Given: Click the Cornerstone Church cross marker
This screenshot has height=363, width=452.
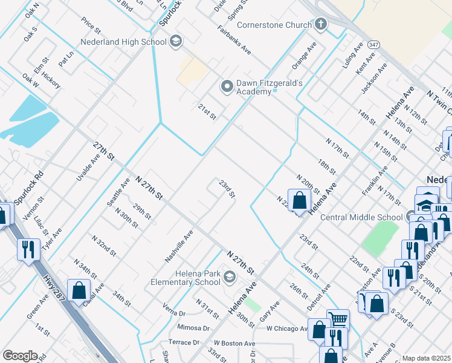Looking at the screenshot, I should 320,25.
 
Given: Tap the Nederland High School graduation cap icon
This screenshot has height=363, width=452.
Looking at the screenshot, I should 176,42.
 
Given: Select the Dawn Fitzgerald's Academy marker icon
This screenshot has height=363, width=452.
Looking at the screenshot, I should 227,87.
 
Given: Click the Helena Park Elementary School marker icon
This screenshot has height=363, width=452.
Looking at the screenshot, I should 229,278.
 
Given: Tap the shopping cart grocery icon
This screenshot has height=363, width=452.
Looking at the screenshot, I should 338,319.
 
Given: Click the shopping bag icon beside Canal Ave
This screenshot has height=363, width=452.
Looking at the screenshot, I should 79,290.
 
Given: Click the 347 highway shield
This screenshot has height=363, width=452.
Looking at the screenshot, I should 374,45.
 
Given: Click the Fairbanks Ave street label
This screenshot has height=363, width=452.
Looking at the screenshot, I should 234,40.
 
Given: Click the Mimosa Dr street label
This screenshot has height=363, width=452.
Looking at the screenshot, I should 193,328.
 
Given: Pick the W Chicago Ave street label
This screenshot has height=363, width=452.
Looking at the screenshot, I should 287,329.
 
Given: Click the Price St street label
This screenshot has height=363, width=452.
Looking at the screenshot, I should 91,25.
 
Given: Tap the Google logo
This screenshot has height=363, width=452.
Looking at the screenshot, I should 20,355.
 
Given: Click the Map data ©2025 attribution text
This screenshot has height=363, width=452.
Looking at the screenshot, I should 426,358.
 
